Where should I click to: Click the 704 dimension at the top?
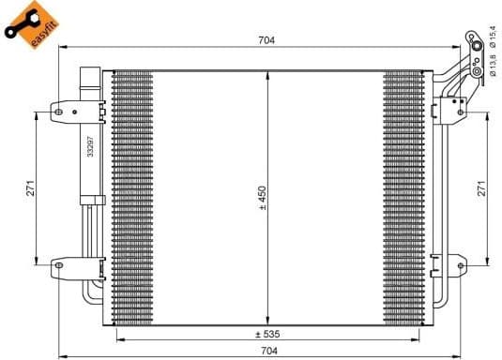pyautogui.click(x=267, y=39)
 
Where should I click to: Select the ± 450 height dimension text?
pyautogui.click(x=263, y=196)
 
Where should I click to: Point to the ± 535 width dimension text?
pyautogui.click(x=269, y=334)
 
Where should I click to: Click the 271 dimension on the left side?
pyautogui.click(x=30, y=187)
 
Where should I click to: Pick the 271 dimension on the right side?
pyautogui.click(x=481, y=187)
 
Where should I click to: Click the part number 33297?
pyautogui.click(x=91, y=145)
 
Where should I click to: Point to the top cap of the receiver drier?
pyautogui.click(x=91, y=72)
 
